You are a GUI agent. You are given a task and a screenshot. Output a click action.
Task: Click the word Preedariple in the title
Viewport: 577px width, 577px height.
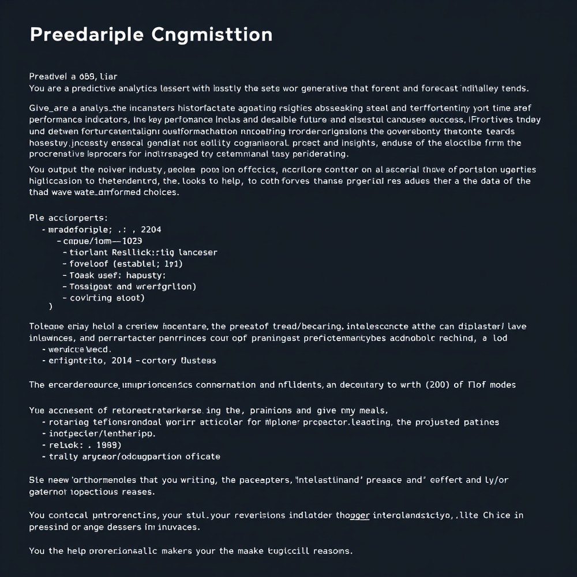pyautogui.click(x=86, y=35)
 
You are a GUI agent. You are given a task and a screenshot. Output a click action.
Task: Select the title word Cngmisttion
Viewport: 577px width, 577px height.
pyautogui.click(x=212, y=35)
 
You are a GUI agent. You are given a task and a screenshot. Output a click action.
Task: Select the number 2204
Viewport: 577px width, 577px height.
pyautogui.click(x=150, y=230)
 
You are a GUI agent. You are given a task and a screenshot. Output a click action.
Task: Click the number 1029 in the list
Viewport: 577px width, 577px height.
pyautogui.click(x=131, y=241)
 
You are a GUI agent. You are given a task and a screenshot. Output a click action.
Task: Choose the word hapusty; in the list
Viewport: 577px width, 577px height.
pyautogui.click(x=132, y=275)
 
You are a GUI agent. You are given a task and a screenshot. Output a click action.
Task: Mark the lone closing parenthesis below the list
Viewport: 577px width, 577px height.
pyautogui.click(x=50, y=306)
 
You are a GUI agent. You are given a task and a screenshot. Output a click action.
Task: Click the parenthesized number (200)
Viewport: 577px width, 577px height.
pyautogui.click(x=434, y=384)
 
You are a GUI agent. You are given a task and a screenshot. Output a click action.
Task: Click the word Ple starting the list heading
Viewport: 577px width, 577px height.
pyautogui.click(x=36, y=218)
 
